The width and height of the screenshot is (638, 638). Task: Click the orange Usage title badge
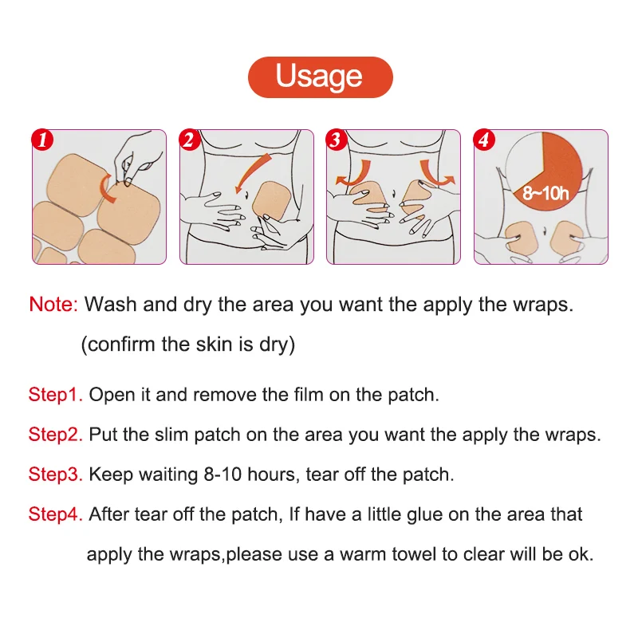[x=321, y=77]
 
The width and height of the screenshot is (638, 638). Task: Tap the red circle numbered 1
[x=42, y=140]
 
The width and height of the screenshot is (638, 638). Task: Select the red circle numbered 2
[x=189, y=140]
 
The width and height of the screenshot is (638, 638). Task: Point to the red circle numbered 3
[x=336, y=140]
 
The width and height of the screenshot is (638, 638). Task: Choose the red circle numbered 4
[x=484, y=140]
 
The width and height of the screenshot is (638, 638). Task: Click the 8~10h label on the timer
[x=545, y=193]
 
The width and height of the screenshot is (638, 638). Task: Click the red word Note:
[x=53, y=305]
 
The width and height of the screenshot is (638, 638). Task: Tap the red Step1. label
[x=56, y=395]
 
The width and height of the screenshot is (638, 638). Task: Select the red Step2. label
[x=56, y=435]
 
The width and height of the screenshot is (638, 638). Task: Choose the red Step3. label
[x=56, y=475]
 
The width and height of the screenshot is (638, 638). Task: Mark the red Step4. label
[x=56, y=514]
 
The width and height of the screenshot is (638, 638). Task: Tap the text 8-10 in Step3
[x=223, y=475]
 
